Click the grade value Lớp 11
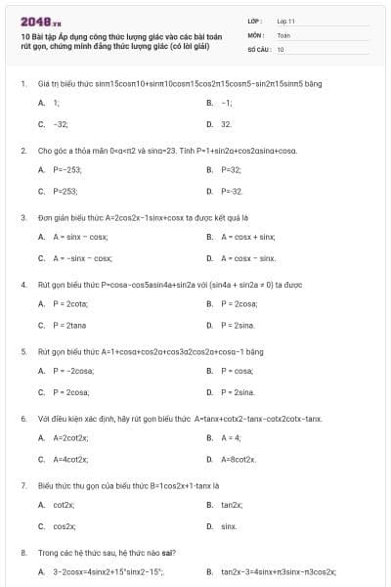(x=285, y=20)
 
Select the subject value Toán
(x=283, y=34)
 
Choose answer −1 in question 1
(x=226, y=102)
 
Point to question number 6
(x=22, y=418)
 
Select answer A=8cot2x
(x=238, y=459)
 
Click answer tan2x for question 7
(x=231, y=504)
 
